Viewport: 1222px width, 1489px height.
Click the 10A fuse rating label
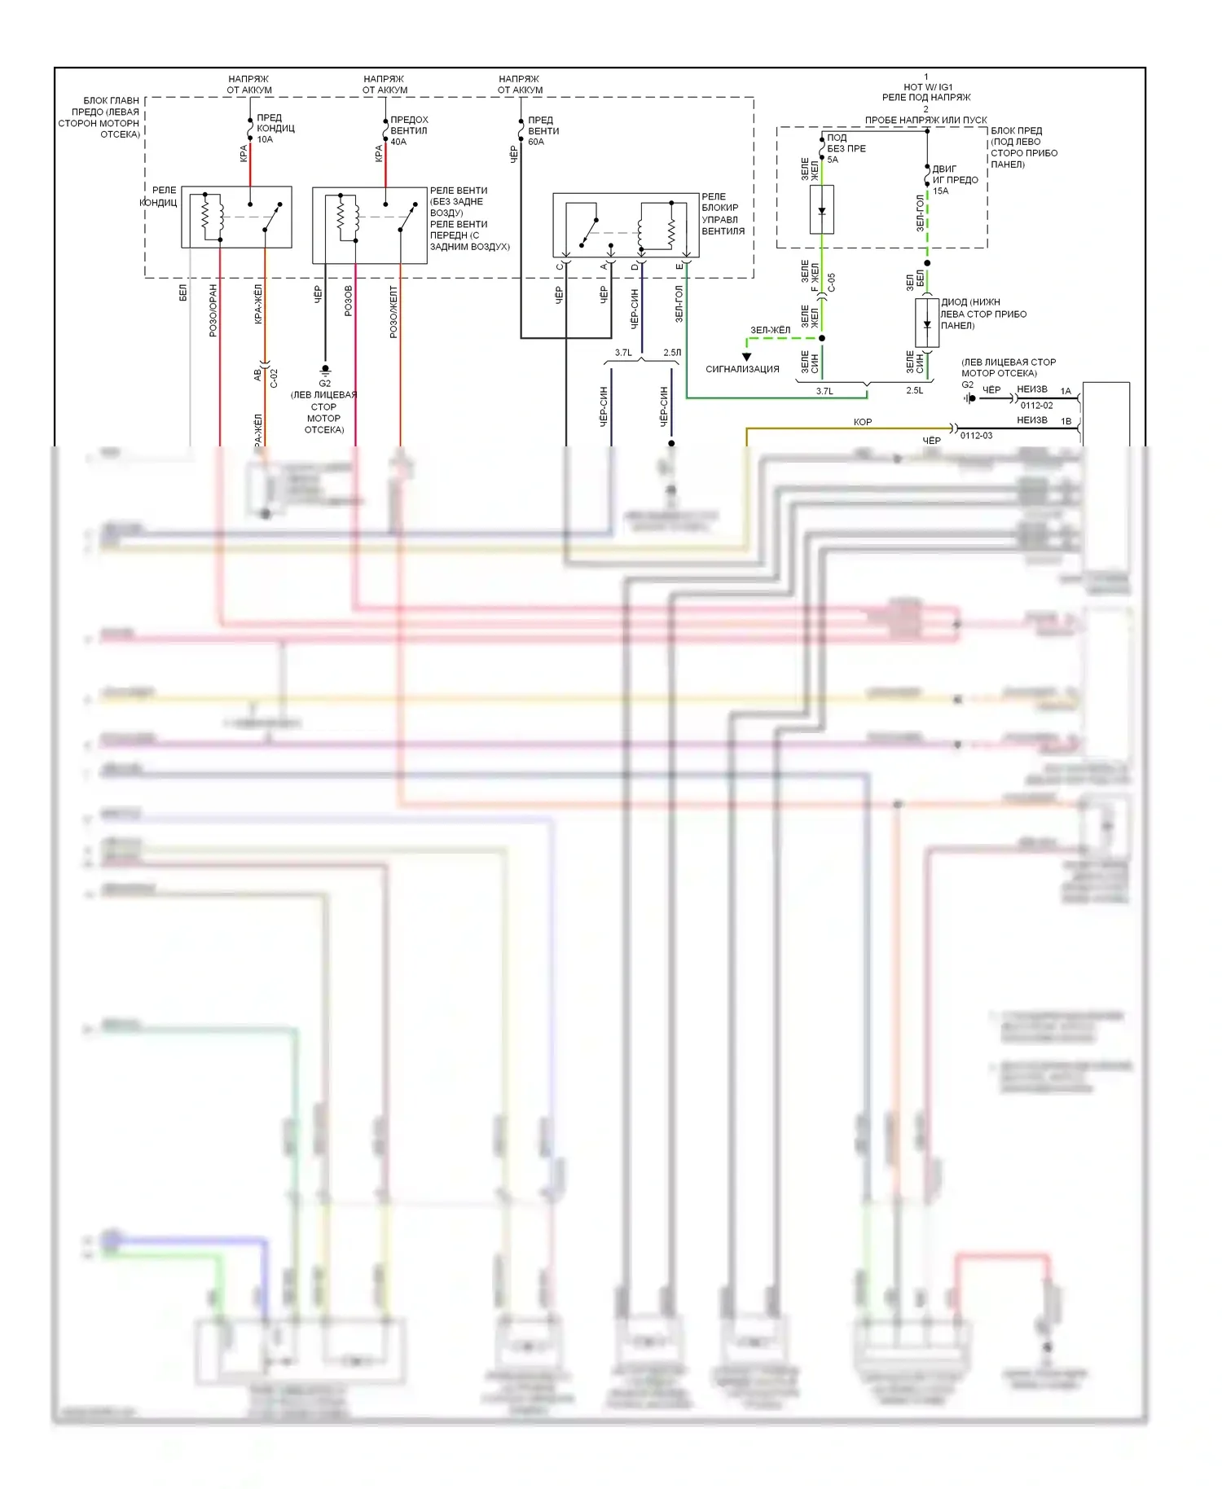[x=265, y=139]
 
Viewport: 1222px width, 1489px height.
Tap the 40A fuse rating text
[x=398, y=142]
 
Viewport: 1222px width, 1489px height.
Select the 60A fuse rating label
[x=535, y=142]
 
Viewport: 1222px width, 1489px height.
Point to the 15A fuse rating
[x=941, y=191]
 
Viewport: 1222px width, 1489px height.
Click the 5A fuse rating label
[x=833, y=160]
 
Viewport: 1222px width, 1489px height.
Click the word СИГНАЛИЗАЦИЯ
[x=742, y=369]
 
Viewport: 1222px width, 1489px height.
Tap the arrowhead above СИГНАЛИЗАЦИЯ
[x=746, y=357]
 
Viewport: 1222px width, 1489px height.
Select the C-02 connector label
[x=275, y=378]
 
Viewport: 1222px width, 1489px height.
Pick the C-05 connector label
[x=832, y=283]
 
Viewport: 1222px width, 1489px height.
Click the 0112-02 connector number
[x=1036, y=406]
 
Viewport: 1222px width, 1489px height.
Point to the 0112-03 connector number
[x=976, y=436]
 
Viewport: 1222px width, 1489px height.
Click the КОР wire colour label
[x=862, y=422]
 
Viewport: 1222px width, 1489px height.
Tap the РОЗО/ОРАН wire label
[x=213, y=310]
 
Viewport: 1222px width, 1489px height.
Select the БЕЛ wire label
[x=183, y=293]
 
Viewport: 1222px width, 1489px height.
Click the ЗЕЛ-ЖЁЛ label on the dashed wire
[x=770, y=330]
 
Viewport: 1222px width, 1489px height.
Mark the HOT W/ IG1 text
[x=927, y=87]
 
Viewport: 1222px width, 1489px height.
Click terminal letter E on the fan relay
[x=679, y=266]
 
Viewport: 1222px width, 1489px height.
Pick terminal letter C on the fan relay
[x=559, y=266]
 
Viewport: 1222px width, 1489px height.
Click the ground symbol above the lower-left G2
[x=325, y=370]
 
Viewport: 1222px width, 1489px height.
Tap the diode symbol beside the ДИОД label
[x=926, y=323]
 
